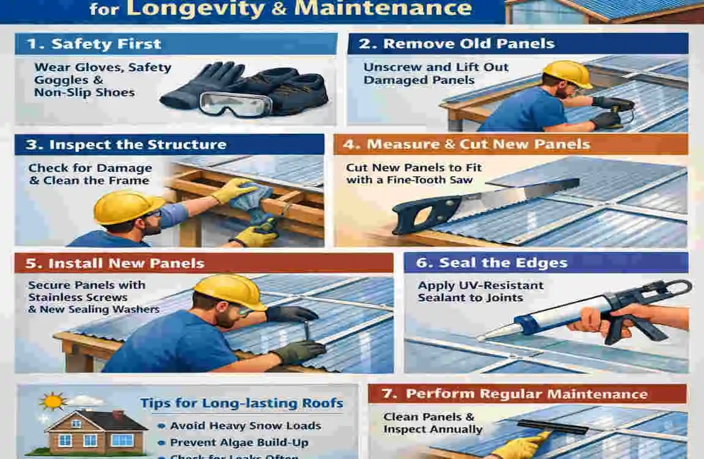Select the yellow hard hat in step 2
click(x=567, y=73)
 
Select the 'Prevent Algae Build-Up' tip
click(x=239, y=442)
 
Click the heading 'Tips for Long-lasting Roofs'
click(x=242, y=403)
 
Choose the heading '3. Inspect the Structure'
click(x=127, y=145)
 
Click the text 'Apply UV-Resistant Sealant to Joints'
click(x=480, y=291)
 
